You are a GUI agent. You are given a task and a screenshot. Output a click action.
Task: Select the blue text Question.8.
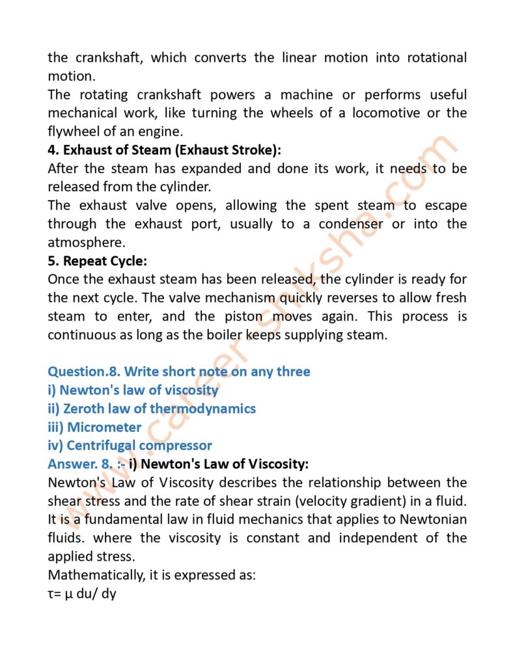83,372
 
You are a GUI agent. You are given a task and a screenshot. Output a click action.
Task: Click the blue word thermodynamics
203,409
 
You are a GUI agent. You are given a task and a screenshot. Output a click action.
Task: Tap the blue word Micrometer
104,427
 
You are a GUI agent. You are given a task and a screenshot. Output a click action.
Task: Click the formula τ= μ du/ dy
81,594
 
